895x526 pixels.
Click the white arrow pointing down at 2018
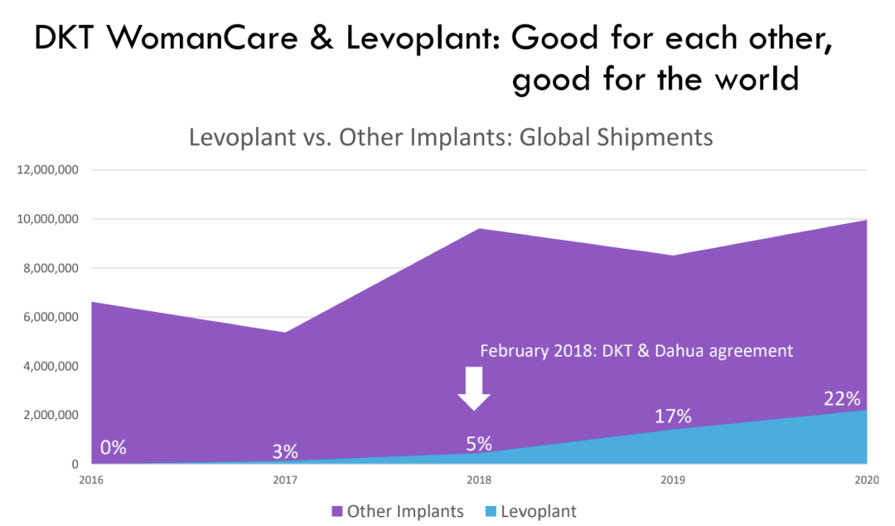474,387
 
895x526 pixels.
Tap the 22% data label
842,399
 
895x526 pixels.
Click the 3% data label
285,452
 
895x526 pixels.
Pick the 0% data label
114,447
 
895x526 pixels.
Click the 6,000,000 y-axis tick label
48,317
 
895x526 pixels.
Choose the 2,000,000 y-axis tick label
48,415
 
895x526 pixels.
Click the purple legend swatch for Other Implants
336,511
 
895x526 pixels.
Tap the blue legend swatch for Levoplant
490,511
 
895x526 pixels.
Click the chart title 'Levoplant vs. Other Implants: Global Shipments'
451,137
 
